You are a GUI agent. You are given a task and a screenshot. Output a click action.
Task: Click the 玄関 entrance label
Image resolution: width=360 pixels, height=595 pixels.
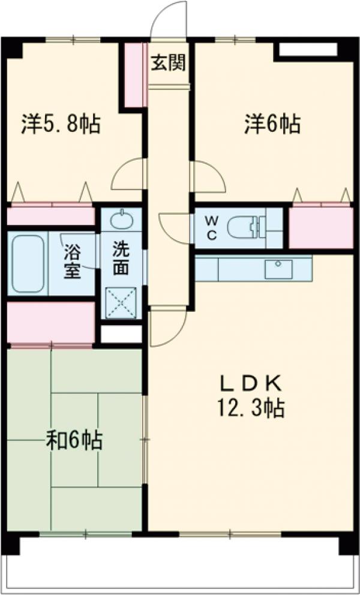pyautogui.click(x=168, y=62)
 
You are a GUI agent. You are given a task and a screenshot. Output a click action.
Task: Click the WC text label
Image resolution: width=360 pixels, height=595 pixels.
pyautogui.click(x=212, y=228)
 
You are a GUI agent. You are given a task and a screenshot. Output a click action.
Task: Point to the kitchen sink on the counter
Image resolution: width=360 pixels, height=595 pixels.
pyautogui.click(x=278, y=268)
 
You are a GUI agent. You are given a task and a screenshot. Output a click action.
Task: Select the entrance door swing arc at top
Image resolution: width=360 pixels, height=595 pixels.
pyautogui.click(x=168, y=18)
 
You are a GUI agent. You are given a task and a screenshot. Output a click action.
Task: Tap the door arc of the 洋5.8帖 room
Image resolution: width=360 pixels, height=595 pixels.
pyautogui.click(x=127, y=174)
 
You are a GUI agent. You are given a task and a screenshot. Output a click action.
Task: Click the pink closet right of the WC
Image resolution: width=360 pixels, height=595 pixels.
pyautogui.click(x=320, y=228)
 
